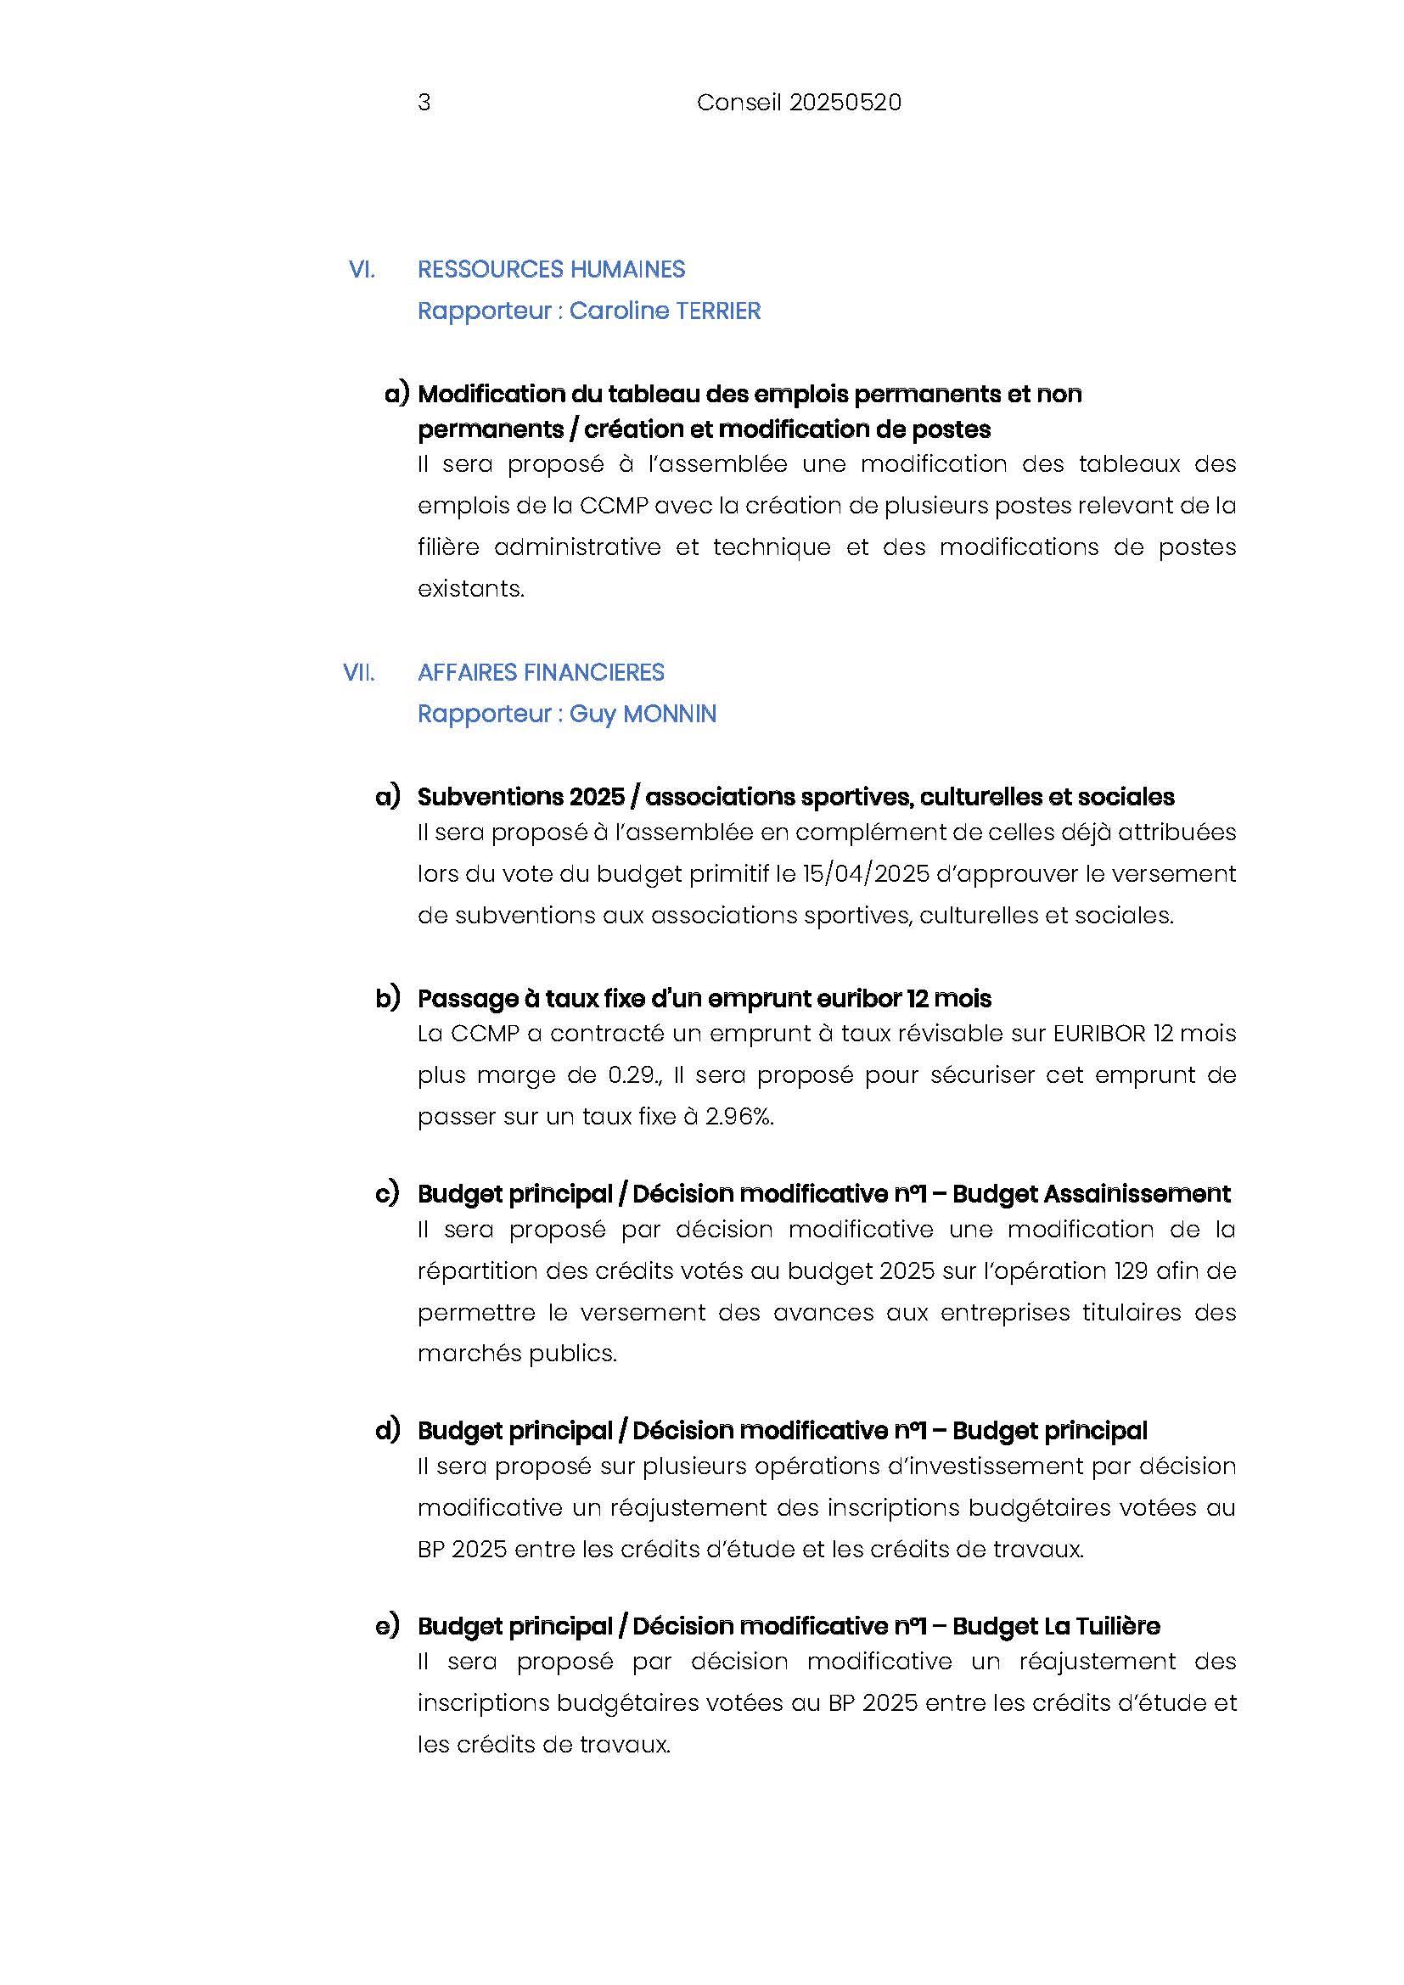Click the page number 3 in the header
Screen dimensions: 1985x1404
tap(424, 103)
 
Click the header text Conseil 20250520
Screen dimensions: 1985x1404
tap(798, 103)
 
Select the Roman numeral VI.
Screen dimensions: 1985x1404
tap(362, 270)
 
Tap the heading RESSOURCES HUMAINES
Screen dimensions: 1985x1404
tap(551, 270)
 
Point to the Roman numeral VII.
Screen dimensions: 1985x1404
tap(359, 673)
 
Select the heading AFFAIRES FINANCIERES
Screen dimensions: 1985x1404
tap(541, 673)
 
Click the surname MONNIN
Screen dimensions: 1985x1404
tap(669, 714)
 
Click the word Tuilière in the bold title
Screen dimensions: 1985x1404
tap(1116, 1626)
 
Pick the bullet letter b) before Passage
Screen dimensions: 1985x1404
tap(387, 998)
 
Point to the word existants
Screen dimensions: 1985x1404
tap(470, 589)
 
